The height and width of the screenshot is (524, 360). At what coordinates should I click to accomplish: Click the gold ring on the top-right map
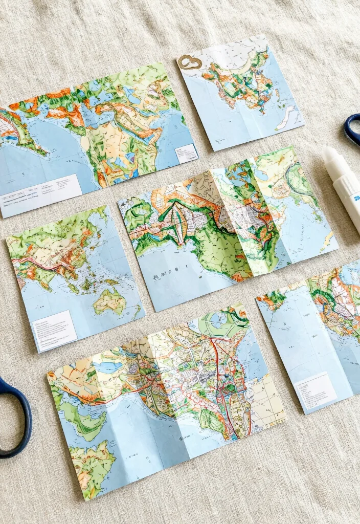pyautogui.click(x=190, y=62)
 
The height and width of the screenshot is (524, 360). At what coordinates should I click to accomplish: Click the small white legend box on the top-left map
pyautogui.click(x=186, y=153)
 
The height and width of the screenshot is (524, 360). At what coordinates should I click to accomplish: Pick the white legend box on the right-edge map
pyautogui.click(x=316, y=390)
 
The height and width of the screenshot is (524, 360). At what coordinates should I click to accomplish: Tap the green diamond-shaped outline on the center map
pyautogui.click(x=176, y=225)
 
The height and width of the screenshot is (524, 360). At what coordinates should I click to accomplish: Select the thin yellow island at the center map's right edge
pyautogui.click(x=326, y=241)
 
